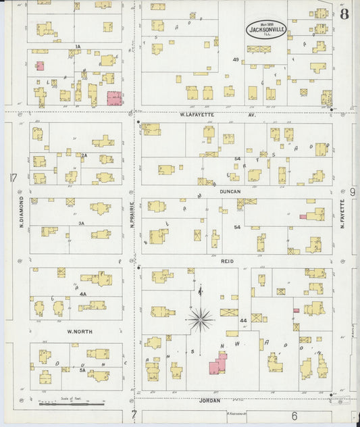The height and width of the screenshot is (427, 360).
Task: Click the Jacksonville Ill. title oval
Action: click(266, 29)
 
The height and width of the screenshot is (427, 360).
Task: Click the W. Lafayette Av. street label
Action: click(209, 115)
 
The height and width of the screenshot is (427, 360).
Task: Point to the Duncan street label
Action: click(230, 191)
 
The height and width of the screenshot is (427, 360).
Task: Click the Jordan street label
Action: click(210, 400)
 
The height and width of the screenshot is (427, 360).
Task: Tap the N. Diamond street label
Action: click(22, 211)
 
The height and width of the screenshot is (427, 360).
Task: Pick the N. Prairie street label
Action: click(132, 212)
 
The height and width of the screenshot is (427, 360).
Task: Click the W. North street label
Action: click(80, 332)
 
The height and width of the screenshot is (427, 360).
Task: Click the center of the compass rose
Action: click(200, 320)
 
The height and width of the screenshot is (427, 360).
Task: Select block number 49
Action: click(236, 60)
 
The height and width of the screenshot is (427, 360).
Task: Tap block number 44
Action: click(242, 320)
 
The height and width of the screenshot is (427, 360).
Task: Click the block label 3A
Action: click(81, 223)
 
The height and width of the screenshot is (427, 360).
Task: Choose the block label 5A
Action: click(82, 370)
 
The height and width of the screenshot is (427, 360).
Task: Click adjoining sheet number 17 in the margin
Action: click(12, 178)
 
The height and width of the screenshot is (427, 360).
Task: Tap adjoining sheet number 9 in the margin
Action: click(353, 193)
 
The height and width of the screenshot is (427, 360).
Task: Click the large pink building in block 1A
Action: click(114, 98)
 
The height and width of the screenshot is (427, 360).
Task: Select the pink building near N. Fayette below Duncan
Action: click(314, 215)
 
